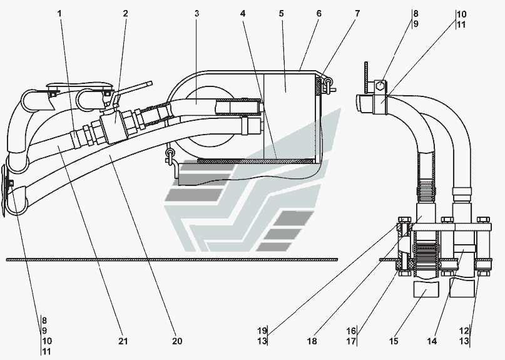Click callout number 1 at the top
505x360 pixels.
pos(61,13)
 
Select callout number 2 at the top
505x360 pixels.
pos(125,13)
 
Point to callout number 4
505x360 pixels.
pos(242,13)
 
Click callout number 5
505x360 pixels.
pos(281,13)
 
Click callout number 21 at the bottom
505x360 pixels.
pos(123,341)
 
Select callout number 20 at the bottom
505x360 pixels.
pos(177,341)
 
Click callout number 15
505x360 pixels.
pos(394,341)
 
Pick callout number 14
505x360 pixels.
pos(432,341)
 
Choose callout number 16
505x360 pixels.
pos(352,331)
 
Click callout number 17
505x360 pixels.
pos(352,341)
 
